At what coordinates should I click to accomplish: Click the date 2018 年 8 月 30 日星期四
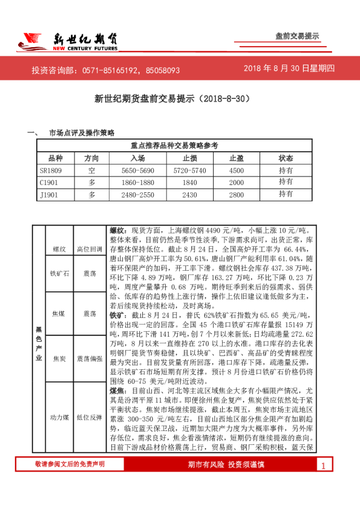(x=289, y=69)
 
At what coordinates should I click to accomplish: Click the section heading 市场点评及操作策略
(x=81, y=132)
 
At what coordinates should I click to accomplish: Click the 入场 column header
(x=137, y=158)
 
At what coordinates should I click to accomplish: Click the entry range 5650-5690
(x=137, y=170)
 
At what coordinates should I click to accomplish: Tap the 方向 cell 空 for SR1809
(x=92, y=170)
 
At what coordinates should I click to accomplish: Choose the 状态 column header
(x=286, y=158)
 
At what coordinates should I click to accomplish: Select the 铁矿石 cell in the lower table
(x=59, y=273)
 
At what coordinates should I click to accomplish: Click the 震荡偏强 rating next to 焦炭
(x=90, y=358)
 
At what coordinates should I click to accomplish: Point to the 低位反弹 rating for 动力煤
(x=90, y=417)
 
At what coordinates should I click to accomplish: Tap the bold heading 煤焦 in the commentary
(x=116, y=373)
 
